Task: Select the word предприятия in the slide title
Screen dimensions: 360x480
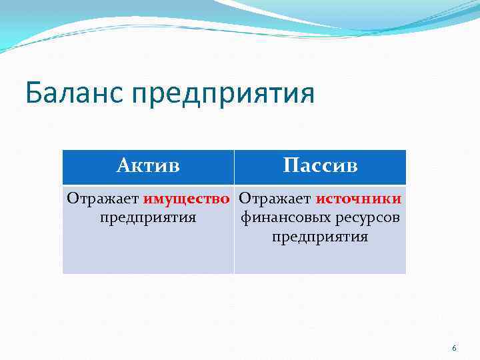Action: click(x=223, y=95)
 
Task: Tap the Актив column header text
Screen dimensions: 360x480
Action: click(x=148, y=165)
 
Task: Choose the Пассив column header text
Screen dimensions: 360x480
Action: click(x=320, y=165)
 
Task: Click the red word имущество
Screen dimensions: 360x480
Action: click(x=191, y=199)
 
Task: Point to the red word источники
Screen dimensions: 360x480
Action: click(x=358, y=199)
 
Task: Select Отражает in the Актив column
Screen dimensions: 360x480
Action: click(x=103, y=199)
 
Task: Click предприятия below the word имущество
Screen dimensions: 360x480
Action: click(x=148, y=218)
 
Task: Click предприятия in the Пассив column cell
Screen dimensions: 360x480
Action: click(x=320, y=237)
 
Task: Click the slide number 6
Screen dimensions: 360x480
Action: click(x=454, y=349)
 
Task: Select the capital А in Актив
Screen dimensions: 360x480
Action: click(x=123, y=165)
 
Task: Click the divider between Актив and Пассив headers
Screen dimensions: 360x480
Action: click(x=234, y=167)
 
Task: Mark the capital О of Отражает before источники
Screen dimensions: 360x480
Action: click(x=244, y=199)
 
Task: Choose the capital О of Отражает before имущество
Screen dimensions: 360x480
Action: click(x=71, y=199)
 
